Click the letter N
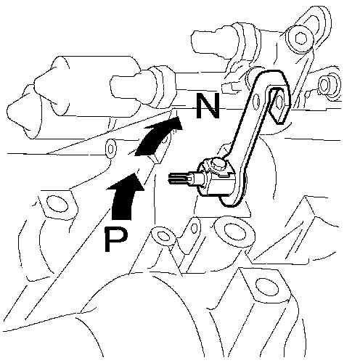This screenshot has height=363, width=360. point(208,106)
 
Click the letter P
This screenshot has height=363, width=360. point(115,240)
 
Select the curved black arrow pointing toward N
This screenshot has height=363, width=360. point(158,136)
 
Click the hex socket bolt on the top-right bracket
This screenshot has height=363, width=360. point(300,38)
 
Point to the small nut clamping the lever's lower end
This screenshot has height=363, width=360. point(217,165)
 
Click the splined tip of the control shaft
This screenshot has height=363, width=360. point(180,179)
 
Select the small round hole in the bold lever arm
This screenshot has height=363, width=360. point(256,102)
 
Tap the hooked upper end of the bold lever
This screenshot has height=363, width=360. point(278,104)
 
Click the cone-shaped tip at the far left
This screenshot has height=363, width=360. point(22,112)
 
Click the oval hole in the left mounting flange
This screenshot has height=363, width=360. point(57,204)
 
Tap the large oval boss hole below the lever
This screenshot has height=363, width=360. point(234,232)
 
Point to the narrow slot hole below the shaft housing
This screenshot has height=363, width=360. point(195,228)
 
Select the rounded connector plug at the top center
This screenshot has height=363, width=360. point(216,42)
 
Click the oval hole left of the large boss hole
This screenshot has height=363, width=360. point(164,236)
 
